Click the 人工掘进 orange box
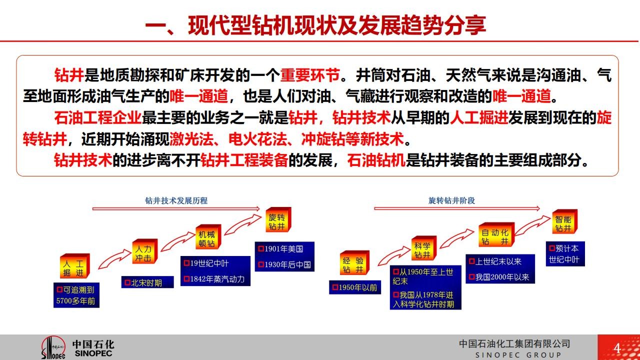click(75, 266)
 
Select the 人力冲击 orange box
click(145, 251)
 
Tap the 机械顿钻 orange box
click(208, 237)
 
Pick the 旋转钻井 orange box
click(278, 219)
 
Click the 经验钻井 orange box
click(354, 263)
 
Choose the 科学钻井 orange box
click(424, 248)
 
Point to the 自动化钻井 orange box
click(496, 234)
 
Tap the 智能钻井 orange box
click(565, 221)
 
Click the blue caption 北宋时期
click(147, 282)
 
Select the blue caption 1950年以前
click(355, 287)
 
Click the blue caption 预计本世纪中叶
click(565, 253)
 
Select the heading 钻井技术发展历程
click(176, 200)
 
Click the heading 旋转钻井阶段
click(451, 200)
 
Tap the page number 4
click(617, 348)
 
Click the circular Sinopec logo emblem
click(53, 347)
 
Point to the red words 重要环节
click(309, 75)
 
